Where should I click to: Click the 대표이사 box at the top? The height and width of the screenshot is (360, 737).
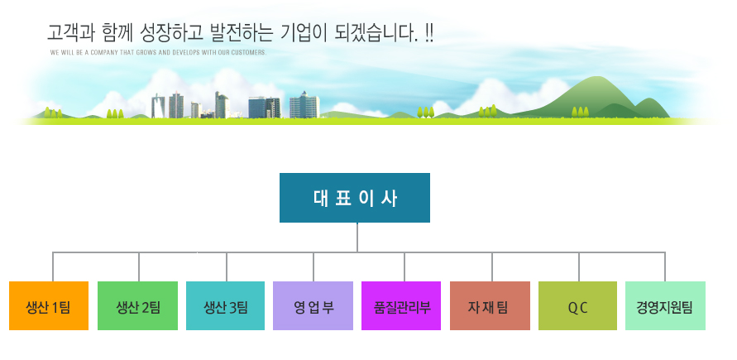[x=354, y=198]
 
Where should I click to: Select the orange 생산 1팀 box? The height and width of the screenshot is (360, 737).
[x=49, y=306]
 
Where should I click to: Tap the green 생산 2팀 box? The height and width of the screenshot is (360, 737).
[x=137, y=306]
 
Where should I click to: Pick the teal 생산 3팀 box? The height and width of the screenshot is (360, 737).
[x=226, y=306]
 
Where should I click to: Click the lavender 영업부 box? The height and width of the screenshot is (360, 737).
[x=313, y=306]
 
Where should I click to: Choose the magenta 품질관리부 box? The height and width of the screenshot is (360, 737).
[x=401, y=306]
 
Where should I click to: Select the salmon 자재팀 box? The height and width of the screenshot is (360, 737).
[x=490, y=306]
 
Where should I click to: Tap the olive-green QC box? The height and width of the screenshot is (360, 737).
[x=577, y=306]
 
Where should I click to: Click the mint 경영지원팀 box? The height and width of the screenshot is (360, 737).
[x=665, y=306]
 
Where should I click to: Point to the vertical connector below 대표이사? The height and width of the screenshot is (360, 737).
[x=357, y=238]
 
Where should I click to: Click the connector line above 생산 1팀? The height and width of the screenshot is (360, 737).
[x=53, y=267]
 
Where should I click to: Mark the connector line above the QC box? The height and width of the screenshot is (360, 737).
[x=579, y=267]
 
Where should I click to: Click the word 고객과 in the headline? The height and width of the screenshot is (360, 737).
[x=71, y=33]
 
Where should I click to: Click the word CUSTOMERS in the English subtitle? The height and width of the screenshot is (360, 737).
[x=252, y=53]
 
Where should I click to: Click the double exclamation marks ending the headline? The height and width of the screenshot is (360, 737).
[x=428, y=32]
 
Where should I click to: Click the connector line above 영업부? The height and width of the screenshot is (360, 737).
[x=313, y=267]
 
